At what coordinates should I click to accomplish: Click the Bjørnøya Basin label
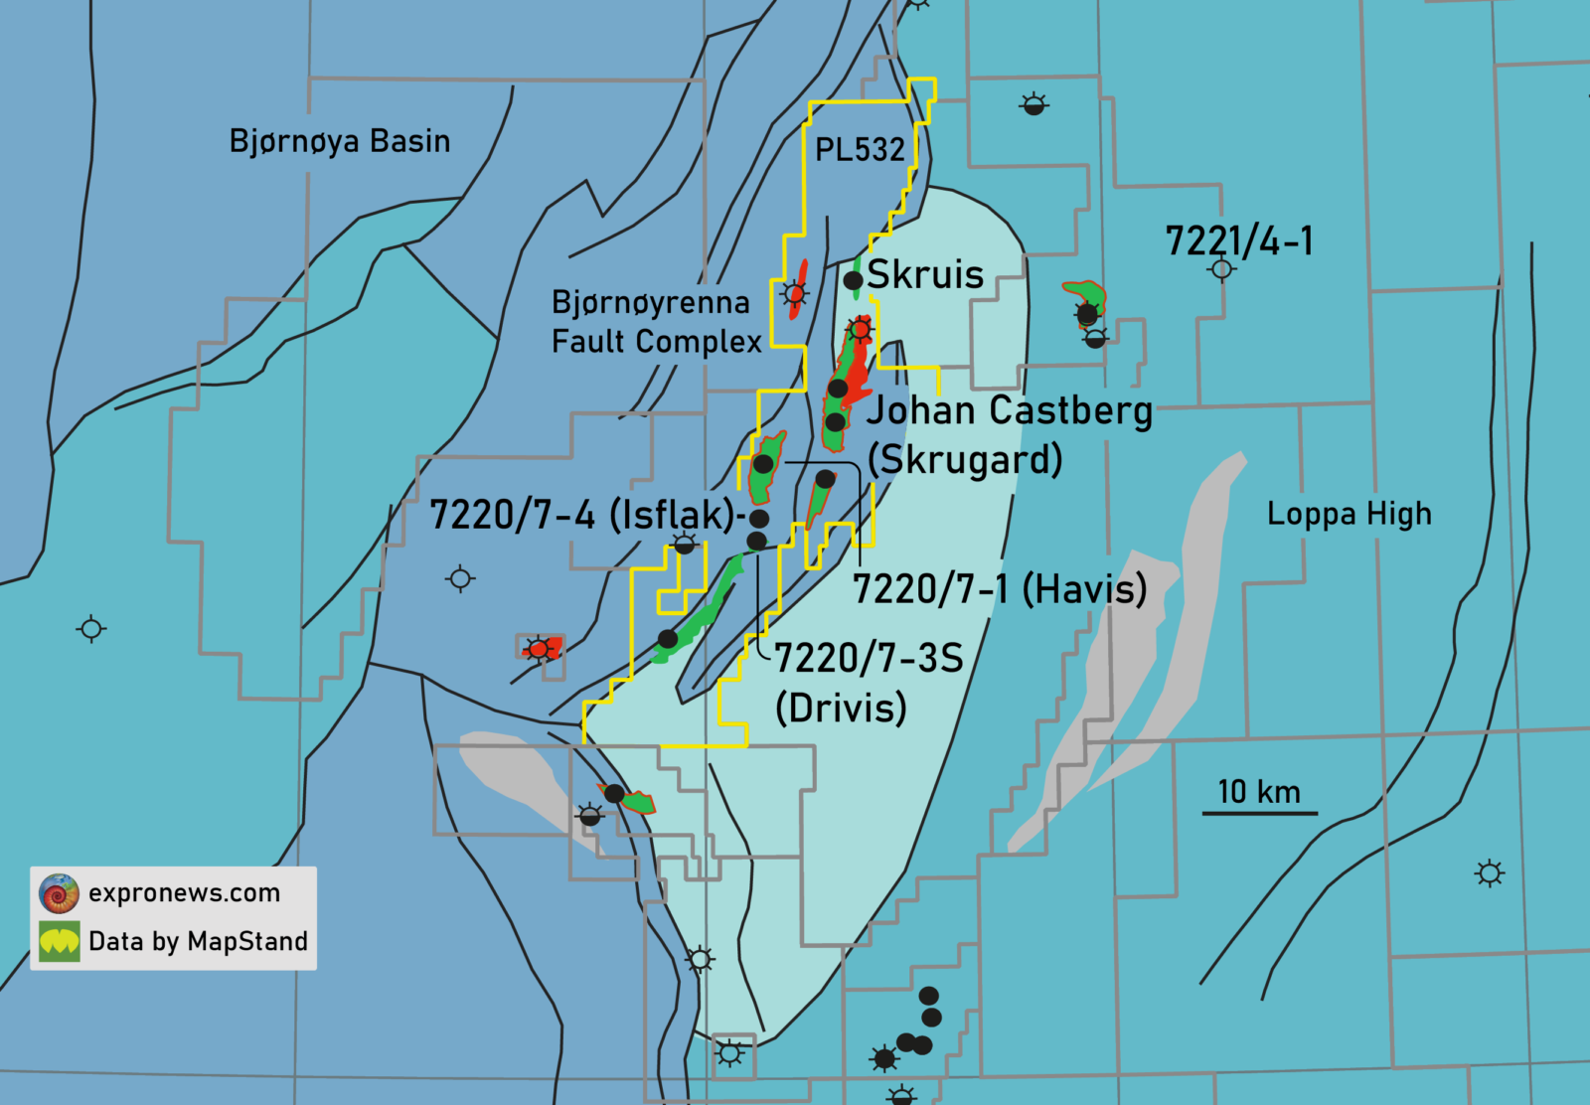pos(339,141)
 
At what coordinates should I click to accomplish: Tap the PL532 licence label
pos(860,150)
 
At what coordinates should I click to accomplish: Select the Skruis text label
pos(925,275)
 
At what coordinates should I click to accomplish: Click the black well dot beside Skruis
pos(853,281)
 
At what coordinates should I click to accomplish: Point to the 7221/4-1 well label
pos(1238,241)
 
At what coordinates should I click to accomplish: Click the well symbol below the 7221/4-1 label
pos(1222,269)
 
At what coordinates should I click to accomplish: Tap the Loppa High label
pos(1349,515)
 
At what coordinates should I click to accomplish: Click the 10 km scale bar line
pos(1259,814)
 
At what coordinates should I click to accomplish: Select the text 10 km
pos(1259,792)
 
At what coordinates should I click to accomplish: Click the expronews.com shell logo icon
pos(59,893)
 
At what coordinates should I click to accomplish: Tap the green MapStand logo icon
pos(59,941)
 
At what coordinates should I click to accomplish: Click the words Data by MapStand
pos(198,941)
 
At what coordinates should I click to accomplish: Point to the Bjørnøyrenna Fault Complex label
pos(656,322)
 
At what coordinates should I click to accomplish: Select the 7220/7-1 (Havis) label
pos(1000,589)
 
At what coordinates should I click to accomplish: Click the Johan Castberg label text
pos(1010,410)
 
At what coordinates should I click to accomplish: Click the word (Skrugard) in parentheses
pos(965,460)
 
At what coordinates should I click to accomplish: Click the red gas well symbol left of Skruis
pos(794,293)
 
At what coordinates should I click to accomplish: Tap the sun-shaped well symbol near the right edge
pos(1489,873)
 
